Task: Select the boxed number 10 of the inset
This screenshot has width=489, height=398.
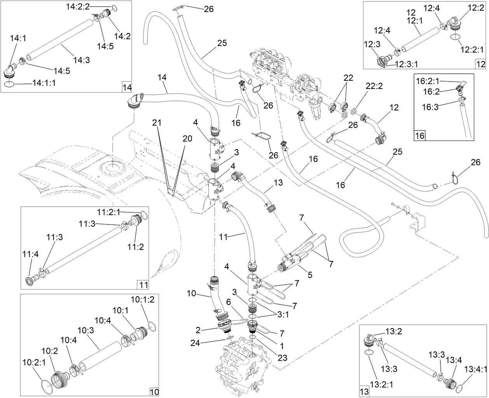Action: [x=154, y=391]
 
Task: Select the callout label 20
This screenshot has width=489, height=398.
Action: [x=187, y=139]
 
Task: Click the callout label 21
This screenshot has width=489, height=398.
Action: [x=157, y=123]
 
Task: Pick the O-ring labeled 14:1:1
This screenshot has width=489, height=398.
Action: [x=10, y=84]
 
